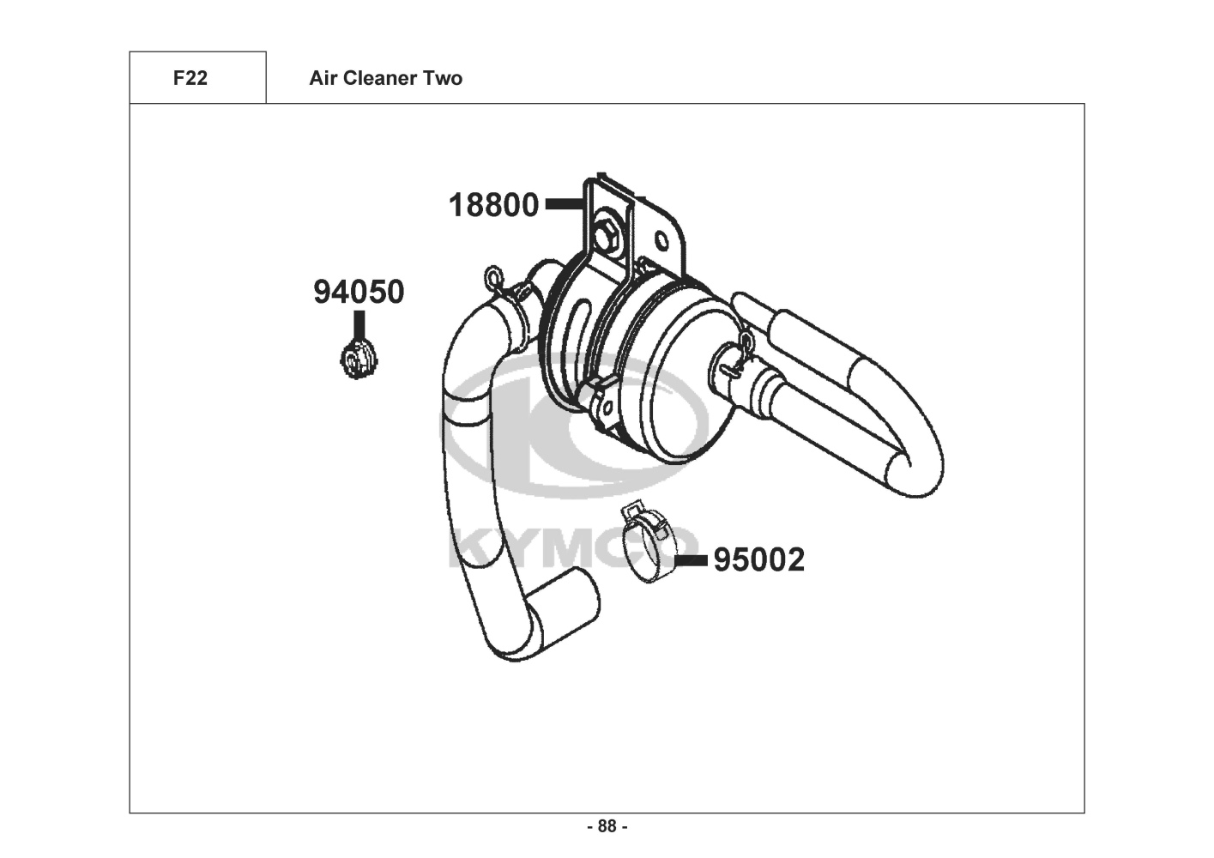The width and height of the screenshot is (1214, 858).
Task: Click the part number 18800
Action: [x=493, y=205]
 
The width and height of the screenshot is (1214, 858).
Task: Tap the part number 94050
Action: [x=359, y=292]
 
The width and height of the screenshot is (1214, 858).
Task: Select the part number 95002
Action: [x=758, y=560]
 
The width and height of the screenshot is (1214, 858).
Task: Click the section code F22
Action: [x=190, y=78]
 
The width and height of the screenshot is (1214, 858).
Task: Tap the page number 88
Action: [x=607, y=826]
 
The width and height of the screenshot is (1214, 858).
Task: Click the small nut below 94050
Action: [x=359, y=360]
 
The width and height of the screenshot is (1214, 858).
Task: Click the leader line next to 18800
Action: [x=565, y=204]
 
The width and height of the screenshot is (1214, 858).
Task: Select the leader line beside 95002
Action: [x=692, y=560]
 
